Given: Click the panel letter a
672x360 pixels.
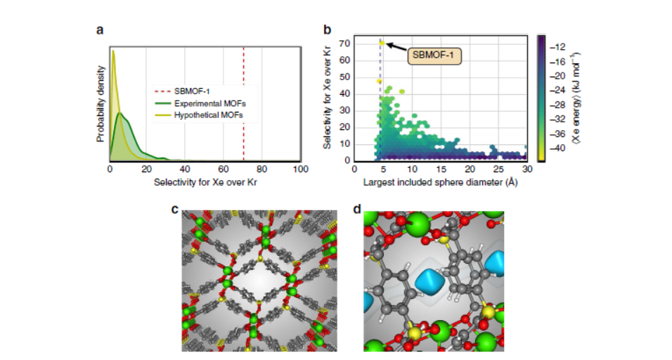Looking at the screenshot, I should pyautogui.click(x=100, y=30).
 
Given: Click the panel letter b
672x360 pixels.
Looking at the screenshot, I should pyautogui.click(x=327, y=30).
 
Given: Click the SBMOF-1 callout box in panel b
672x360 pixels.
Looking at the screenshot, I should pyautogui.click(x=435, y=54).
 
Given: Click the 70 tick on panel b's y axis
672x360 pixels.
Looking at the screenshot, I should pyautogui.click(x=347, y=43).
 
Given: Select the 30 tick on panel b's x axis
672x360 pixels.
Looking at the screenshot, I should pyautogui.click(x=526, y=169).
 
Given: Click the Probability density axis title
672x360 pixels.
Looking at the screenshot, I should pyautogui.click(x=101, y=104).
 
